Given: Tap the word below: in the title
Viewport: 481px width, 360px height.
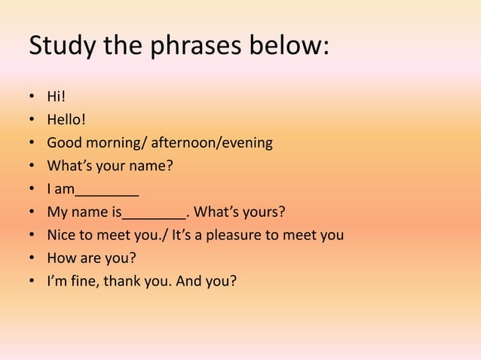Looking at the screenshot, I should click(x=289, y=47).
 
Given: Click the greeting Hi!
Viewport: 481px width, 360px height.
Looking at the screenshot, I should click(x=57, y=96).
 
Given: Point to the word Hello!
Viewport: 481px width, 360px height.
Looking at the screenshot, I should click(x=67, y=119).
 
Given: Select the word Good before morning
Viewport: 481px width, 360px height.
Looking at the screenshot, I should click(x=65, y=142).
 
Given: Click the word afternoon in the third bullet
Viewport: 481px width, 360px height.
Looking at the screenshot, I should click(x=184, y=142).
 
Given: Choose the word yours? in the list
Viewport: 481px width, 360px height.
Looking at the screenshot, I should click(x=264, y=212).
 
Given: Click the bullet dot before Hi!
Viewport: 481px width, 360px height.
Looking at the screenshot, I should click(x=33, y=97).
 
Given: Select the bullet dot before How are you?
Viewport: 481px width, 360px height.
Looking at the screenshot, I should click(x=33, y=259).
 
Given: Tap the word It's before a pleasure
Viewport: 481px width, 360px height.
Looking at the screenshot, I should click(x=182, y=235).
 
